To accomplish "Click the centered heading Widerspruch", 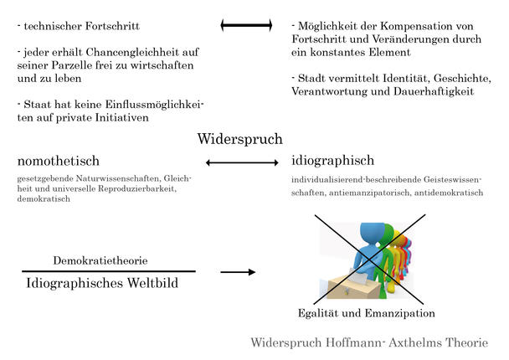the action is pos(240,139).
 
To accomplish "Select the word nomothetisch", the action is pos(59,161).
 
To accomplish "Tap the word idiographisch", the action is pos(332,161).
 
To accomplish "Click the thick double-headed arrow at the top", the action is pos(246,25).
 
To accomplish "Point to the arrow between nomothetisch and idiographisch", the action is pos(242,162).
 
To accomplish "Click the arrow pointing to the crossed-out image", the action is pos(238,272).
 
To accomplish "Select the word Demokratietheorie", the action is pos(100,260).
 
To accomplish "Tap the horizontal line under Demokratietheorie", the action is pos(109,271).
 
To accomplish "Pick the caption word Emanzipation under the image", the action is pos(400,313).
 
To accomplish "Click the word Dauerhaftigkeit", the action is pos(434,91).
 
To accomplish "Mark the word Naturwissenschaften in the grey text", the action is pos(118,178).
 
